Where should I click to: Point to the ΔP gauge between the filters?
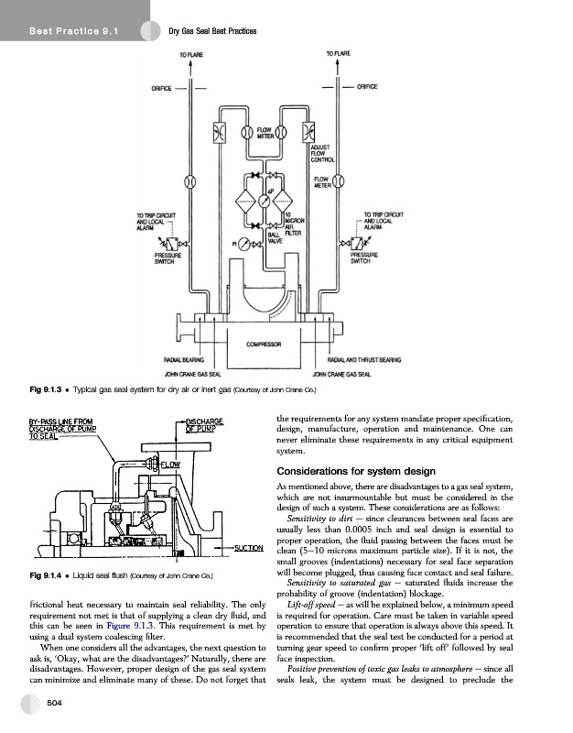tap(263, 198)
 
